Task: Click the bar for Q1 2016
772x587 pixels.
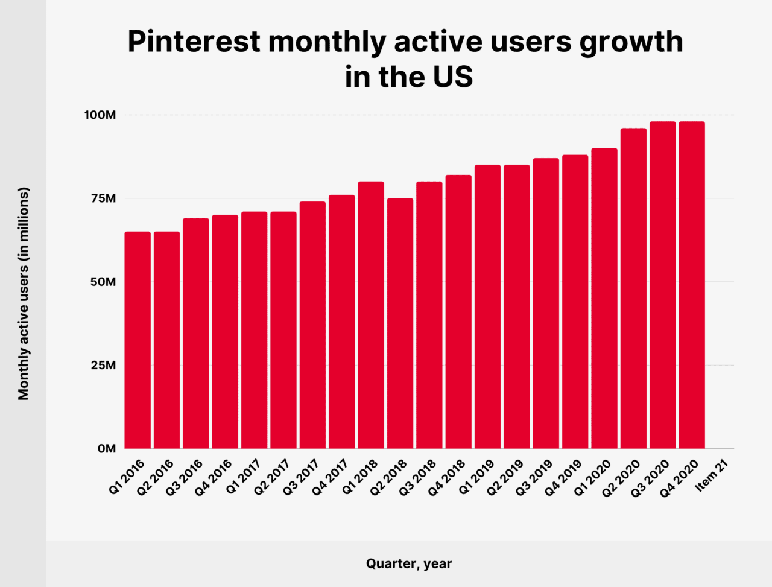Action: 138,340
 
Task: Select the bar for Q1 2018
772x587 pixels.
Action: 371,315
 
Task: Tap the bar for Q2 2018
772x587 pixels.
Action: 400,323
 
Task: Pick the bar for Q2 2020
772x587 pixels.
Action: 633,288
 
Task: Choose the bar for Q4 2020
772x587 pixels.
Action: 692,285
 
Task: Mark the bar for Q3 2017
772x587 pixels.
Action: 312,325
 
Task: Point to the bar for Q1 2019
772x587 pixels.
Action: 487,306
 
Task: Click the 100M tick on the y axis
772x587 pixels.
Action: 99,115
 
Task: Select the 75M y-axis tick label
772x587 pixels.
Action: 102,198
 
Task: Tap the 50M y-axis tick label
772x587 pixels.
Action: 102,282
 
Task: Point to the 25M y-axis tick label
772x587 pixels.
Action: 102,365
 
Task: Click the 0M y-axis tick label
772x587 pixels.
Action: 106,449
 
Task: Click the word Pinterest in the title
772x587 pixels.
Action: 194,42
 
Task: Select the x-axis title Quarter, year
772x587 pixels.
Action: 408,564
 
